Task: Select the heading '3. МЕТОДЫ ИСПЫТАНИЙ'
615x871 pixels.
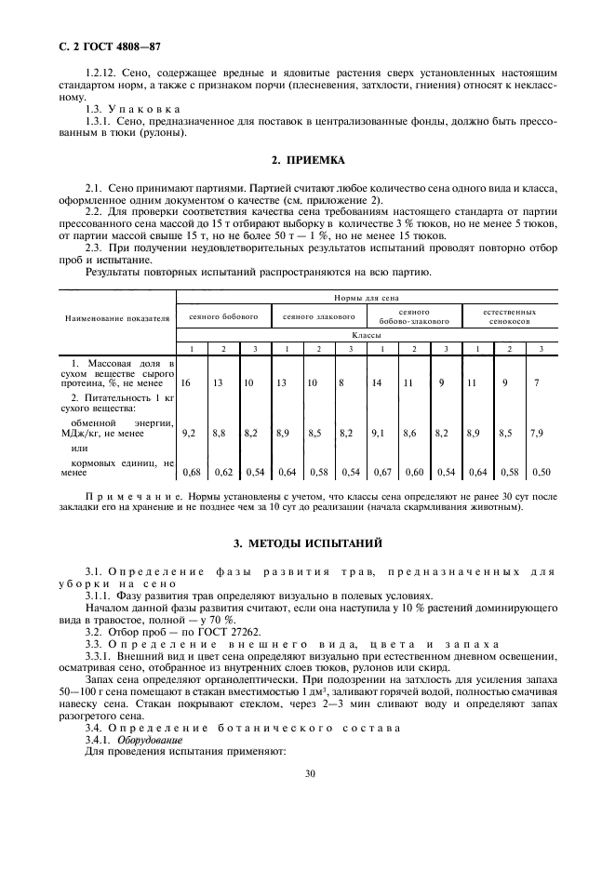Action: click(307, 542)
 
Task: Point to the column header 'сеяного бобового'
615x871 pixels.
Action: click(223, 316)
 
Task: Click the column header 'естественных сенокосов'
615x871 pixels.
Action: click(510, 316)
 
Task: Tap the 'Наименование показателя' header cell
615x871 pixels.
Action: click(117, 317)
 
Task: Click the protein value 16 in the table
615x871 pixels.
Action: click(186, 382)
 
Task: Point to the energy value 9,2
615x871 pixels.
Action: click(187, 433)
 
